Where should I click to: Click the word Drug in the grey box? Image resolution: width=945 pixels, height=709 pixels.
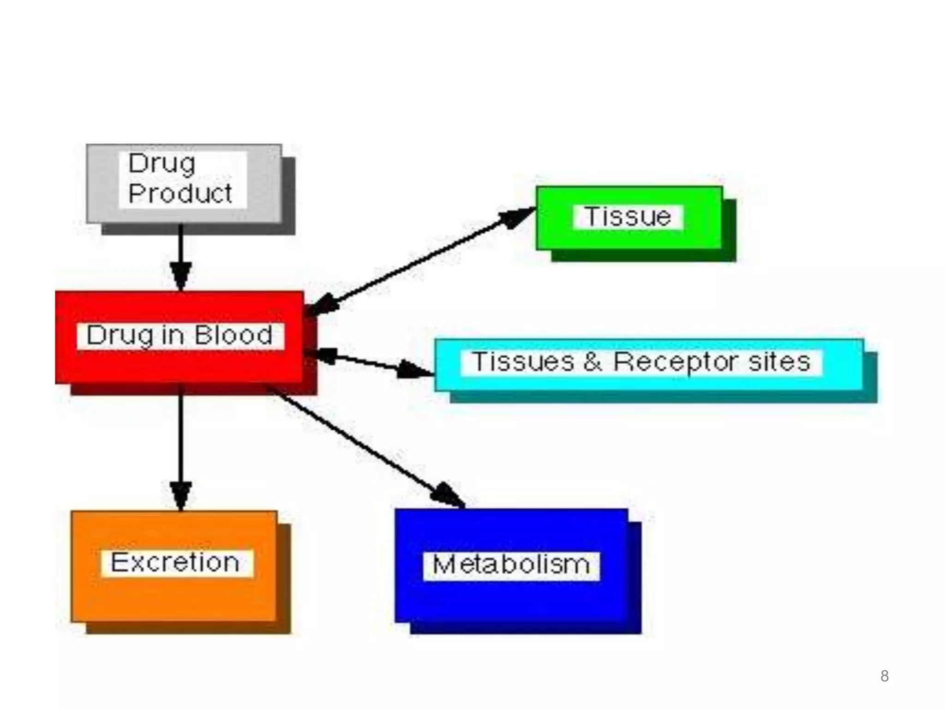pyautogui.click(x=161, y=164)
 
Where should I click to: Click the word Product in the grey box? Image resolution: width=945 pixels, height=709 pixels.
pyautogui.click(x=180, y=193)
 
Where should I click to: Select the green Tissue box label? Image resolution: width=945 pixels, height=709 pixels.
pyautogui.click(x=628, y=216)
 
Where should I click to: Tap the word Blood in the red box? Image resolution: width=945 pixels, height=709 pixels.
pyautogui.click(x=233, y=335)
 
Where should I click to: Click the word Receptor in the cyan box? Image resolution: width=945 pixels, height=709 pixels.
pyautogui.click(x=678, y=362)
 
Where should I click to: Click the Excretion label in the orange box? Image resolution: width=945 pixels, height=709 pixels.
pyautogui.click(x=175, y=563)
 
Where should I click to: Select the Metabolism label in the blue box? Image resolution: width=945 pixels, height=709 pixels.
pyautogui.click(x=511, y=565)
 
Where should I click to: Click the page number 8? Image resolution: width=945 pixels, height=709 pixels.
pyautogui.click(x=884, y=676)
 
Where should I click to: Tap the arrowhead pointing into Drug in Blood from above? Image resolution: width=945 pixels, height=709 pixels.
pyautogui.click(x=181, y=277)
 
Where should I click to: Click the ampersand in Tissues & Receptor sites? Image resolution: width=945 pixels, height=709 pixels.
pyautogui.click(x=592, y=362)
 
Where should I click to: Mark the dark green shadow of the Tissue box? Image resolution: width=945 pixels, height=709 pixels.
pyautogui.click(x=646, y=256)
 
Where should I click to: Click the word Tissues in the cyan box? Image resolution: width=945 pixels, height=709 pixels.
pyautogui.click(x=523, y=362)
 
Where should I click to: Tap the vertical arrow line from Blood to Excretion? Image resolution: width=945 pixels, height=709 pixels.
pyautogui.click(x=181, y=439)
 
